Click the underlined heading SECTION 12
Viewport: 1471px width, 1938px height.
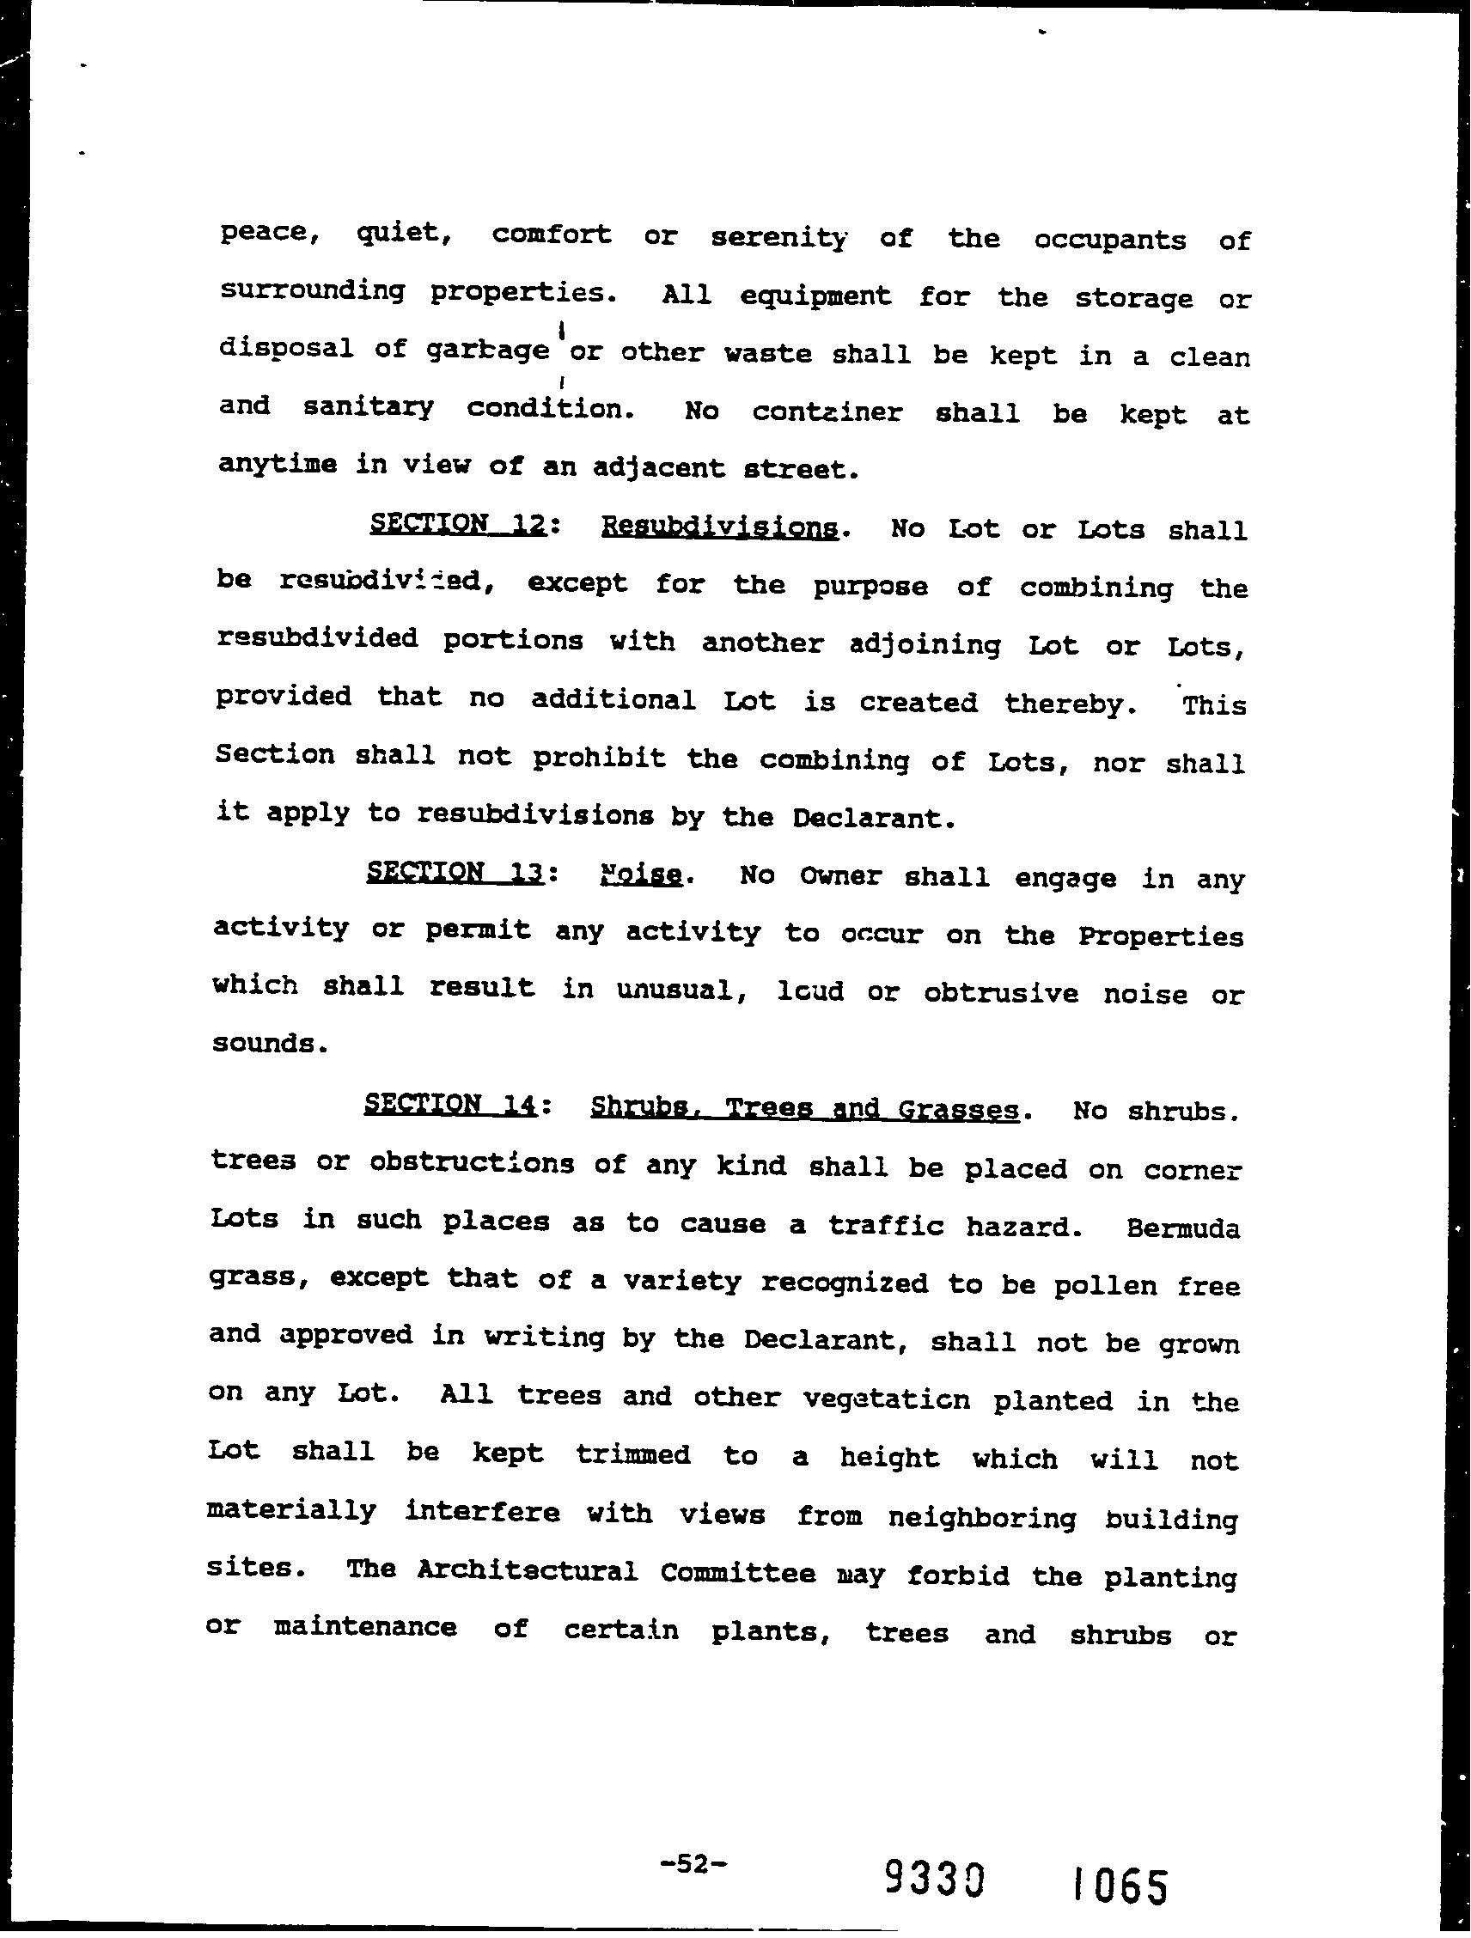point(459,525)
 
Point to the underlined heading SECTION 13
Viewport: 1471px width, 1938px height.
point(456,873)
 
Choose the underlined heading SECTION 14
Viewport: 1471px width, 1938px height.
point(449,1103)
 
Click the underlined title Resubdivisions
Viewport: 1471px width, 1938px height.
point(718,528)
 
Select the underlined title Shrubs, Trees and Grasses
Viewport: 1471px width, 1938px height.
point(804,1108)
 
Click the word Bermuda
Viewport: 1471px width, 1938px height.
point(1183,1228)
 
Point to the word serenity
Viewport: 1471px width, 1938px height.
point(778,237)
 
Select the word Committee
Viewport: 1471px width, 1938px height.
point(738,1572)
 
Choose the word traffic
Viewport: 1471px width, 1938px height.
point(886,1225)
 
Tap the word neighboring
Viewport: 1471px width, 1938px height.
point(981,1515)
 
